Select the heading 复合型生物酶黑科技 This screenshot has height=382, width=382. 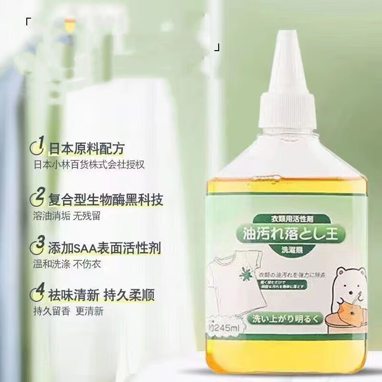tap(106, 198)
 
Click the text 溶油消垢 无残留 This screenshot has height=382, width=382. tap(67, 216)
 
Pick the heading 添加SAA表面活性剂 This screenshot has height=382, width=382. tap(105, 248)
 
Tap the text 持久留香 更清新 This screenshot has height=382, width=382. tap(68, 311)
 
